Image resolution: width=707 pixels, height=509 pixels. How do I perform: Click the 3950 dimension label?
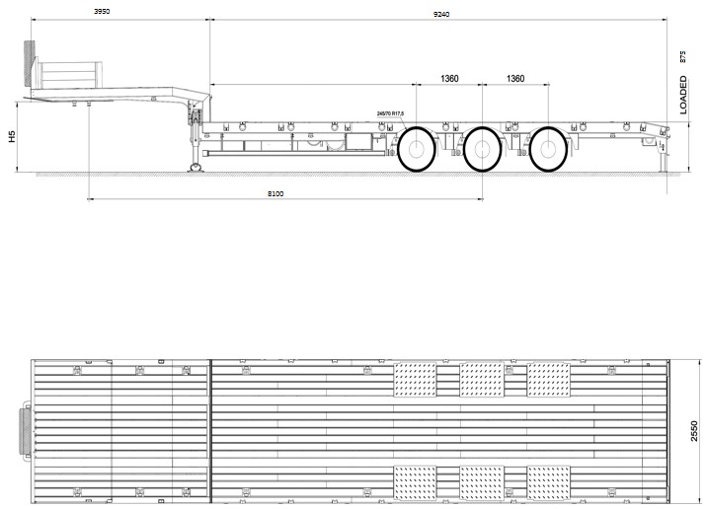point(102,11)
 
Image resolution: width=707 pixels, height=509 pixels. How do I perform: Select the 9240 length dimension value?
point(441,14)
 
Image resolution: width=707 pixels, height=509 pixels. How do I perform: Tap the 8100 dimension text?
point(275,193)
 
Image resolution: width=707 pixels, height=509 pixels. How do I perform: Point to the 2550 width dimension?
point(694,431)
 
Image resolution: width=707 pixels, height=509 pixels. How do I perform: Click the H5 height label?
point(12,136)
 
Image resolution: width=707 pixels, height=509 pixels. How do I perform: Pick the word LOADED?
point(683,95)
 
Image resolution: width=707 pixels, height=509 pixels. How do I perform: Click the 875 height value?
point(682,56)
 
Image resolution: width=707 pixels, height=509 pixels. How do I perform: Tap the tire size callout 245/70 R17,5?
point(390,114)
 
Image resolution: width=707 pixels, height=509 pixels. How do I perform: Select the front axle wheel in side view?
point(417,149)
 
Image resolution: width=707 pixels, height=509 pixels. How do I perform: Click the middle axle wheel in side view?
point(483,149)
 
